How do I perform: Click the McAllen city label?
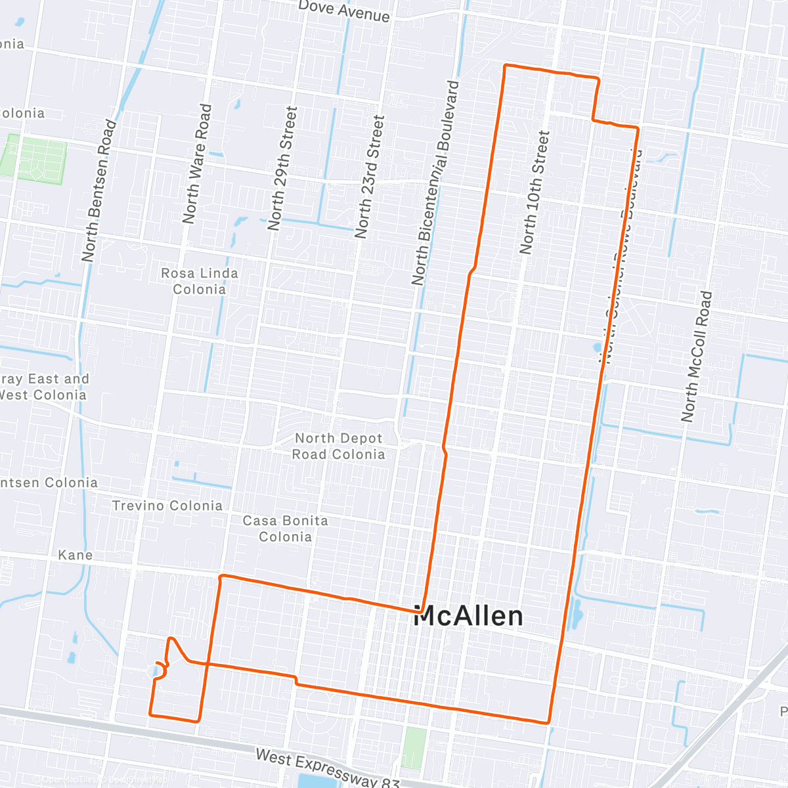[469, 616]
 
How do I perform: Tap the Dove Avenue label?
[343, 11]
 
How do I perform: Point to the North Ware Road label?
[197, 164]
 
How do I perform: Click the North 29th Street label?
[283, 168]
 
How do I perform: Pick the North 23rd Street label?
[370, 176]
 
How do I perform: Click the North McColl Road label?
[696, 356]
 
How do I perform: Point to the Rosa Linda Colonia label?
[200, 281]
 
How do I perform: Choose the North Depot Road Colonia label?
[338, 447]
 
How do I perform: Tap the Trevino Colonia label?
[167, 506]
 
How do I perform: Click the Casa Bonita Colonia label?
[285, 529]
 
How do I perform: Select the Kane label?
[76, 555]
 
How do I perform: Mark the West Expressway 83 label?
[327, 767]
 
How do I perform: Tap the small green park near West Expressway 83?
[414, 747]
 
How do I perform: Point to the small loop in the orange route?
[162, 669]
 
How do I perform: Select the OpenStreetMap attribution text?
[105, 780]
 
